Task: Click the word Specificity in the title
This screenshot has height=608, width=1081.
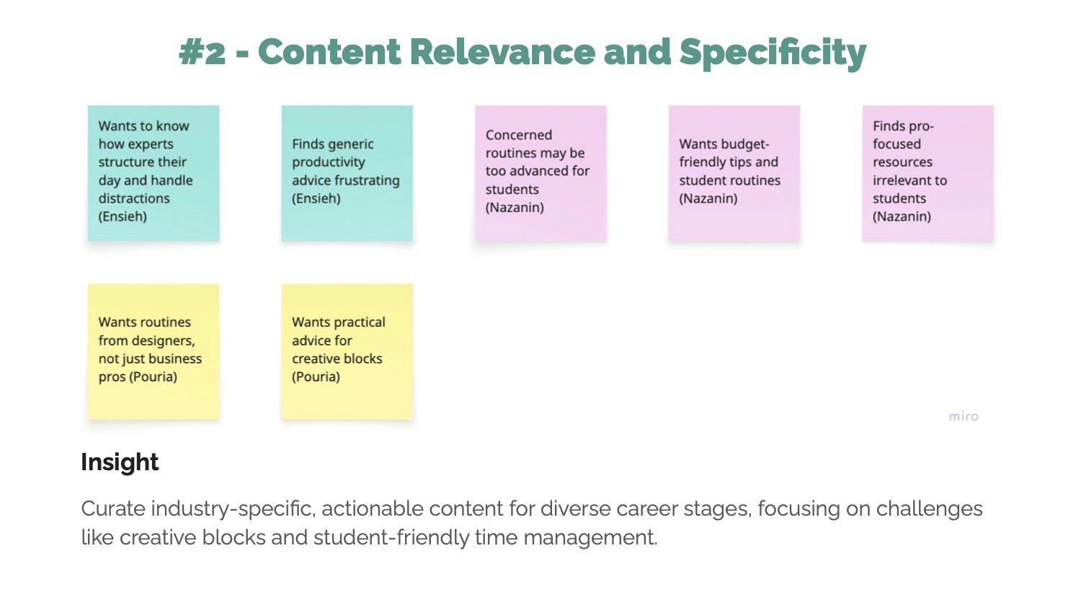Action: [x=773, y=53]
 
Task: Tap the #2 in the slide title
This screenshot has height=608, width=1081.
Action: [x=202, y=53]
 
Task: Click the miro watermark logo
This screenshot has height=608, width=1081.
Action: [x=964, y=416]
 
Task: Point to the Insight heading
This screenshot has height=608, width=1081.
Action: [x=120, y=462]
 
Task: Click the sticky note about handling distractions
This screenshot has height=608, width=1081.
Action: [x=154, y=173]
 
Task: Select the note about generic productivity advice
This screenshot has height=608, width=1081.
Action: [x=347, y=173]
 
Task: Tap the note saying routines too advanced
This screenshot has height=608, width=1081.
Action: [x=540, y=173]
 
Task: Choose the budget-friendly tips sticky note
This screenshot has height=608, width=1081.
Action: [x=734, y=173]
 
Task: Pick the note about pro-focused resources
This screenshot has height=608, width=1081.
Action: [x=927, y=173]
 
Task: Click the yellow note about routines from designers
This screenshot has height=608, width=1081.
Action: [x=154, y=351]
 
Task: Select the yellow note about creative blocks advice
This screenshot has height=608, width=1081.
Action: [x=347, y=351]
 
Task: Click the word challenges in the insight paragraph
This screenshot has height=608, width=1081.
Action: [x=929, y=508]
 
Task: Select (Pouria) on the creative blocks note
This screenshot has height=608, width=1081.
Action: [x=316, y=376]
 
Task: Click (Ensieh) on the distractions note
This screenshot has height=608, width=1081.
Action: [x=123, y=216]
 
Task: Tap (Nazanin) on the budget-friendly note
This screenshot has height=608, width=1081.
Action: [x=708, y=198]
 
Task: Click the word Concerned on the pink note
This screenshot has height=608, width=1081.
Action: [x=519, y=135]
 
